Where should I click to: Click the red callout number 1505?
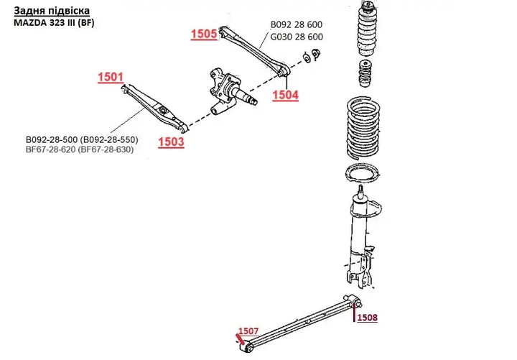click(204, 34)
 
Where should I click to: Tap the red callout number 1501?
click(111, 77)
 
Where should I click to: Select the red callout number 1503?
click(171, 142)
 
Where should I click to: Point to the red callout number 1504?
click(285, 95)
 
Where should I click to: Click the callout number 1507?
click(248, 331)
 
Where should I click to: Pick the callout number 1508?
click(368, 318)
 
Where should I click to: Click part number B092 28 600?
click(297, 24)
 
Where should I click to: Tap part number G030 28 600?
click(297, 37)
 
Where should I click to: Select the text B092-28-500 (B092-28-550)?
click(82, 139)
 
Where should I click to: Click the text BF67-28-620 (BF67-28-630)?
click(80, 149)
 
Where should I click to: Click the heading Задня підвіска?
click(52, 11)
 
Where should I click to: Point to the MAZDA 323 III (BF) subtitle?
click(54, 23)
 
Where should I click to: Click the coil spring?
click(363, 127)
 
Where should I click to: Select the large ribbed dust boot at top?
click(368, 29)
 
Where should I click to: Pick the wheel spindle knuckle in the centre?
click(228, 92)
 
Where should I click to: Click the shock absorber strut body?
click(360, 238)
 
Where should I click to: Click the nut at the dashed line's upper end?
click(316, 54)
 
